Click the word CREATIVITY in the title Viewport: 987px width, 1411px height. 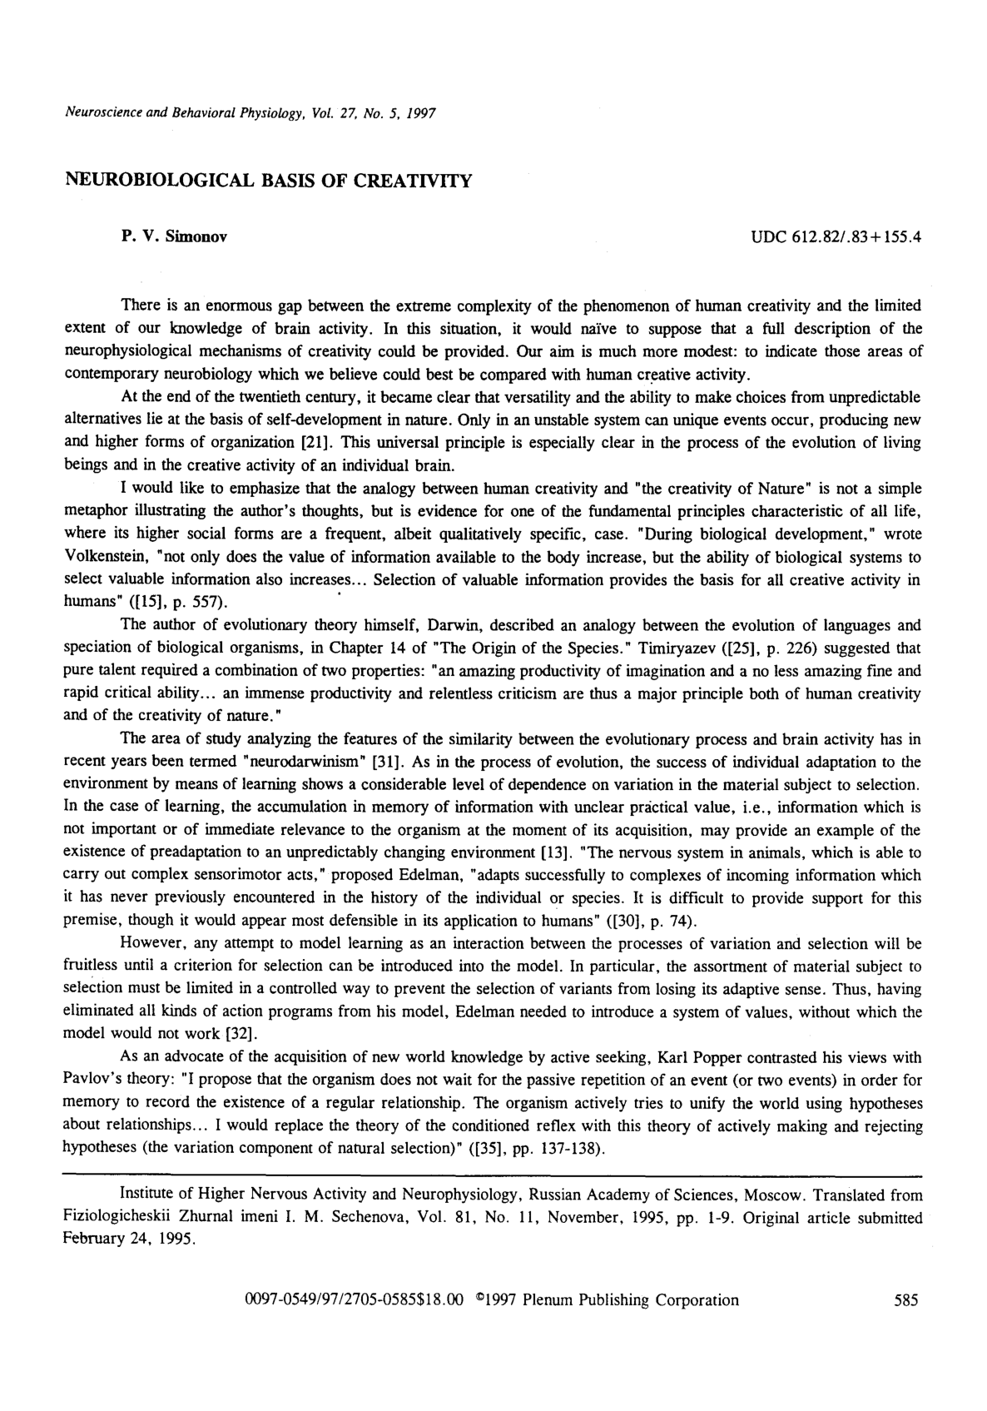tap(411, 180)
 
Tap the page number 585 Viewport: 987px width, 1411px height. tap(905, 1300)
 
